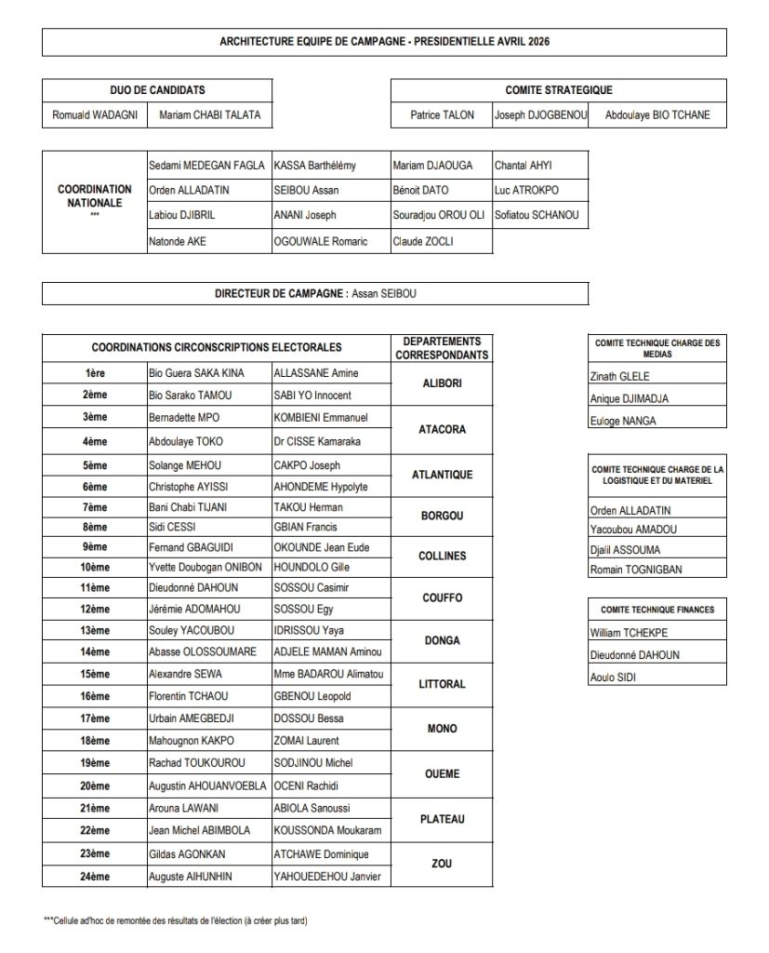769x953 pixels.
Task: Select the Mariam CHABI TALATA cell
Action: coord(210,115)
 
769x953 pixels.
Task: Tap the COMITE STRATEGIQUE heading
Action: coord(558,90)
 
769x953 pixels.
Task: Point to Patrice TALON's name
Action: coord(442,115)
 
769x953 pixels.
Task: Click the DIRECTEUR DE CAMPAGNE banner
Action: coord(315,293)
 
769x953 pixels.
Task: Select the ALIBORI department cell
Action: coord(442,383)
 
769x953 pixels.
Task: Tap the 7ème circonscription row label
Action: coord(95,507)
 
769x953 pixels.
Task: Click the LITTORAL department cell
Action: coord(442,684)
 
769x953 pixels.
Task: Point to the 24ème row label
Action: coord(95,877)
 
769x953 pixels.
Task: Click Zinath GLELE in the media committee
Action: coord(620,377)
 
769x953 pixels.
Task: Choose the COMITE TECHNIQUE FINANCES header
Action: coord(656,610)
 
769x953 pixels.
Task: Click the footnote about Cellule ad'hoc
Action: coord(176,920)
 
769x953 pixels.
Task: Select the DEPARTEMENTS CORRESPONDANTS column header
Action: coord(442,348)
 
